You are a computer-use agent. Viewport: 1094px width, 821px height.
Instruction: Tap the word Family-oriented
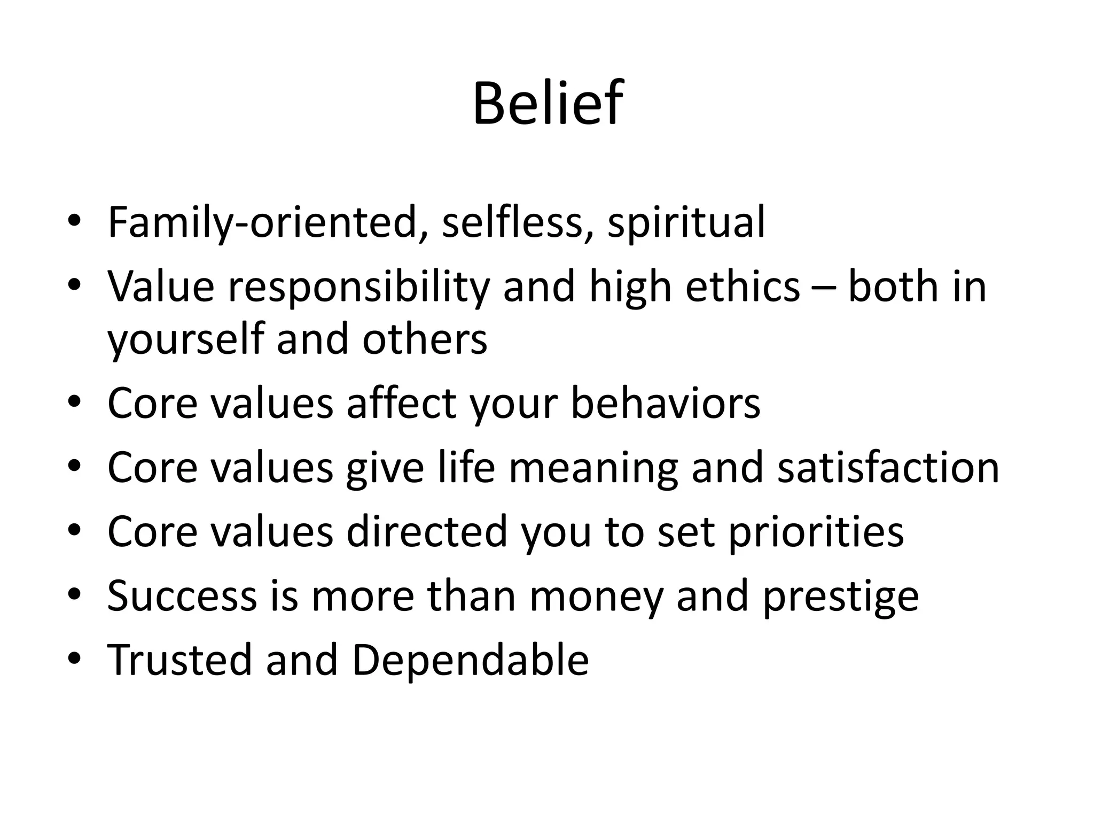262,222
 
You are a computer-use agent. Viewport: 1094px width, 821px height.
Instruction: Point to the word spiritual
686,222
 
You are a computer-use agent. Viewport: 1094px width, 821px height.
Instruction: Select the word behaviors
665,403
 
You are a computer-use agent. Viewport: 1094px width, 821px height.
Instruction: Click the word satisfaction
888,467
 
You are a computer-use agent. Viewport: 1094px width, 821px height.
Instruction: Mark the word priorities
816,532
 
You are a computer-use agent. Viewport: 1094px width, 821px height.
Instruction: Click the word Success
182,595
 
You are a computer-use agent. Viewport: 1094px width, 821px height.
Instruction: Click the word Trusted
179,660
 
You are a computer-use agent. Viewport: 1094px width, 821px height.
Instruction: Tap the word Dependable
470,660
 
